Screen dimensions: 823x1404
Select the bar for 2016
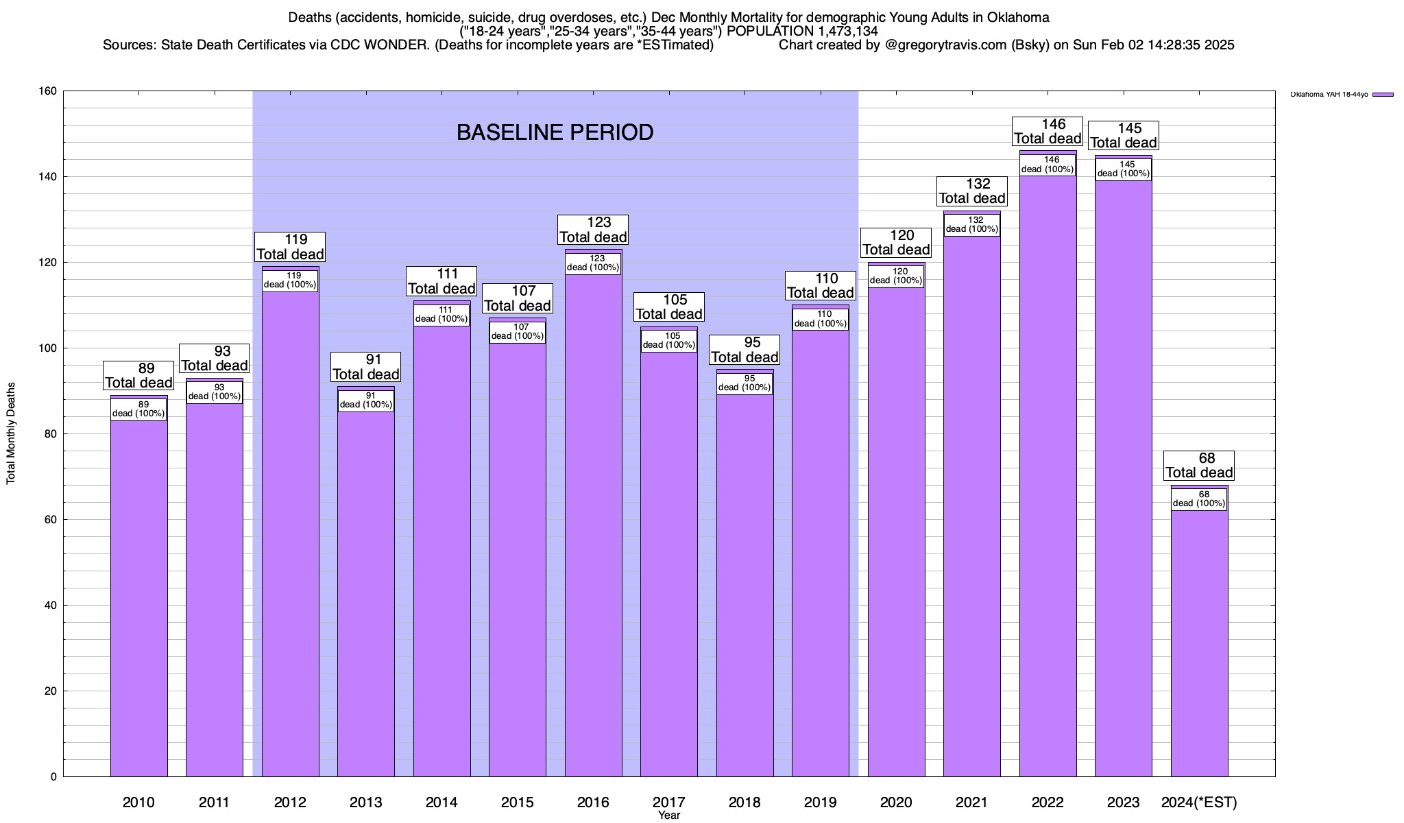click(593, 521)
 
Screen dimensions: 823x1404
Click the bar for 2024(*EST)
click(1199, 638)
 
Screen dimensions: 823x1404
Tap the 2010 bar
click(138, 590)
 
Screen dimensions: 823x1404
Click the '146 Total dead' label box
click(1048, 132)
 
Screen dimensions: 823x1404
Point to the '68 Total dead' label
click(1199, 466)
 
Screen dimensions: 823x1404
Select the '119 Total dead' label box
click(290, 247)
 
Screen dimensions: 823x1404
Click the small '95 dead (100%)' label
click(745, 383)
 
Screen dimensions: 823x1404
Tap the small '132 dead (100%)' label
click(971, 225)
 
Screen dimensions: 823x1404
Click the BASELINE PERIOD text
click(555, 132)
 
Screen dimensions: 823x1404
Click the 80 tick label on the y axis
click(51, 434)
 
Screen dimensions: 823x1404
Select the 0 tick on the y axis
click(54, 777)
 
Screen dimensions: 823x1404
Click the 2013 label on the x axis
click(365, 802)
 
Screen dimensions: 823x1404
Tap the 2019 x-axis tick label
click(820, 802)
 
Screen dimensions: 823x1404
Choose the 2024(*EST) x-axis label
click(1199, 802)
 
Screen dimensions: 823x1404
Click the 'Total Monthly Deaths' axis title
click(11, 433)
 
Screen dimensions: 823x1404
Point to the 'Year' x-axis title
click(668, 815)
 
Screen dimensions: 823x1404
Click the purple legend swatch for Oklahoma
click(1383, 95)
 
